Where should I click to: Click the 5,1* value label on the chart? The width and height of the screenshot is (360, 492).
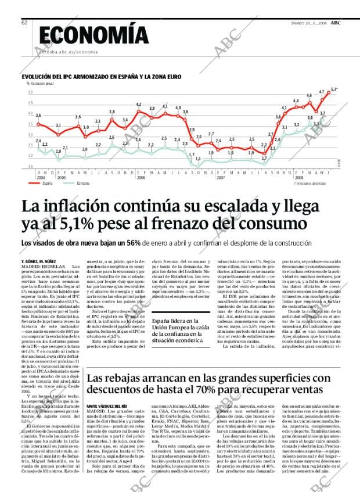pos(333,89)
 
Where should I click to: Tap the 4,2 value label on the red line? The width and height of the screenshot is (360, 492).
pos(139,105)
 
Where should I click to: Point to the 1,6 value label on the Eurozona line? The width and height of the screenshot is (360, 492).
pos(198,159)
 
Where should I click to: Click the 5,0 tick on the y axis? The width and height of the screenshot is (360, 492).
pos(30,92)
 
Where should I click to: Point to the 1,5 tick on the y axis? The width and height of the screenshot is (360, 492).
pos(30,166)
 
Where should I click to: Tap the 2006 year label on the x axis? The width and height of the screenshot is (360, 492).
pos(141,177)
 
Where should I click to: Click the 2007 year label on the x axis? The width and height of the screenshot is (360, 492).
pos(221,177)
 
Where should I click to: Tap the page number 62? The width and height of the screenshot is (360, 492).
pos(24,23)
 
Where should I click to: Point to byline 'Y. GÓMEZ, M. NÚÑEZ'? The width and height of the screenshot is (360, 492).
pos(38,262)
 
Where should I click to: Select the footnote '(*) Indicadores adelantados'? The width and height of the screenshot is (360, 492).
pos(309,183)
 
